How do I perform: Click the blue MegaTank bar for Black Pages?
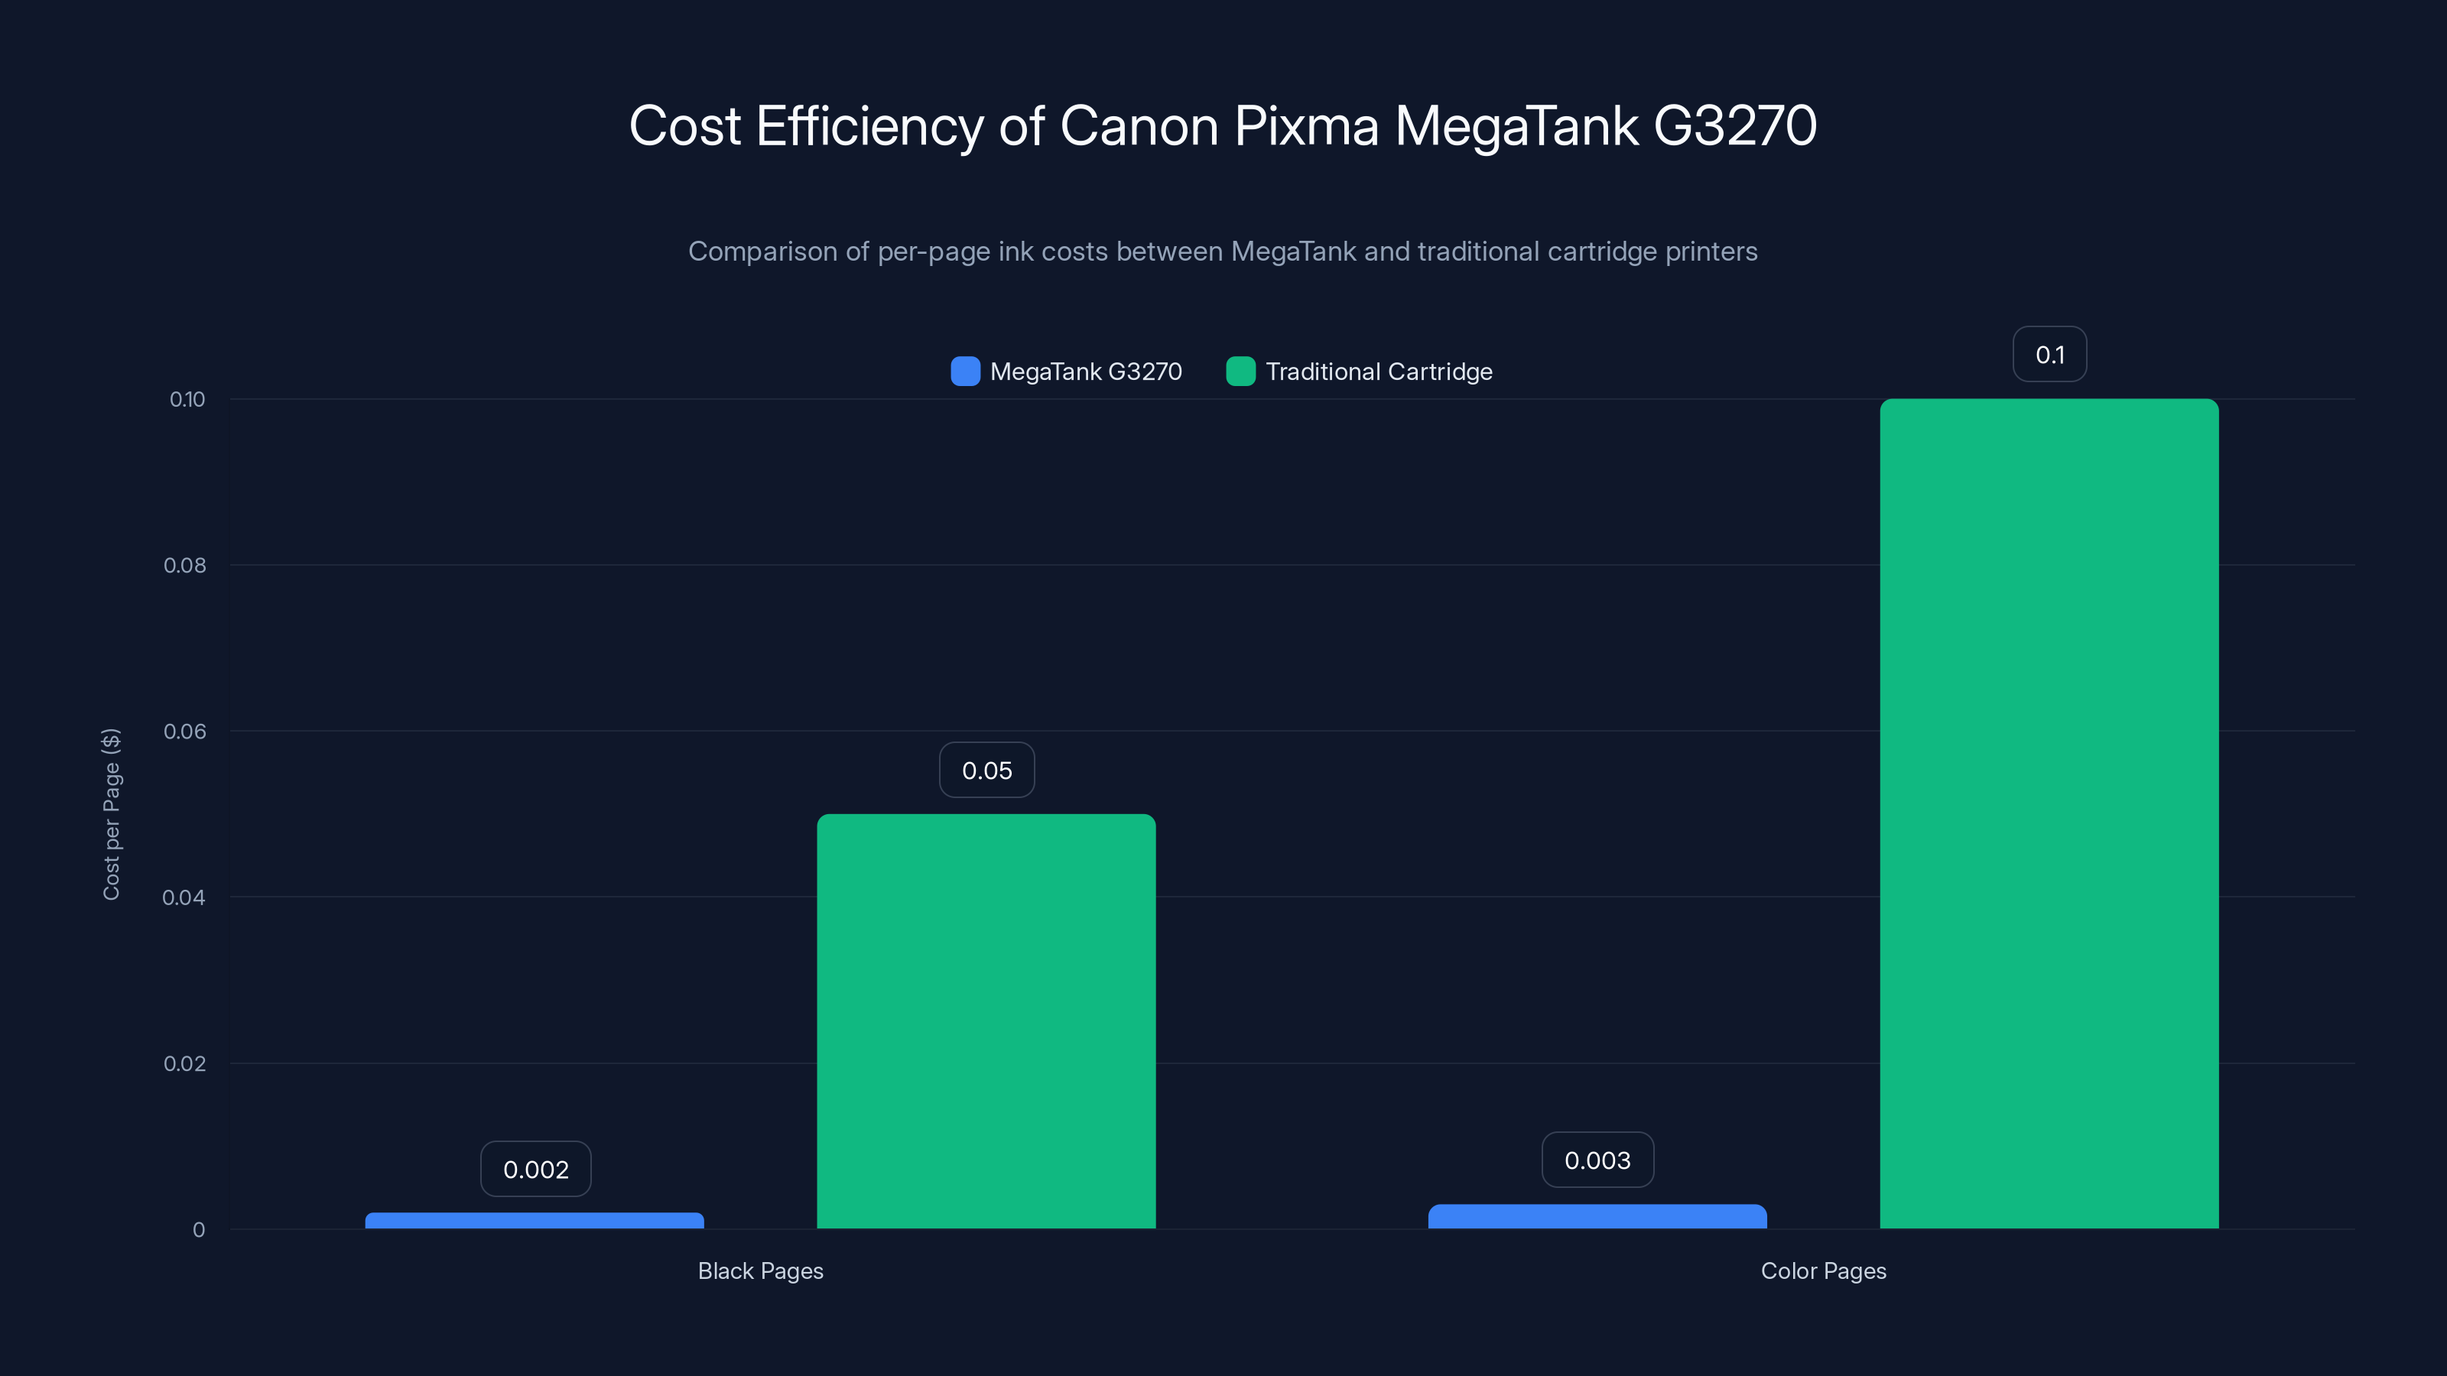pos(535,1220)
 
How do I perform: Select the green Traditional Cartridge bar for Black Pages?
pos(986,1021)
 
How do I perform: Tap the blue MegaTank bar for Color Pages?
pos(1597,1216)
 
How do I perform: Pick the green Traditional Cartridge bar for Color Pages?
pos(2049,814)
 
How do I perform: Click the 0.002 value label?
pos(536,1169)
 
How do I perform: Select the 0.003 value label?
pos(1597,1160)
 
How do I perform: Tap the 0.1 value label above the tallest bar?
pos(2049,354)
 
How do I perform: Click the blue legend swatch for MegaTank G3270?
pos(965,372)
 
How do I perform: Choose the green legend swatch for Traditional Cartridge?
pos(1240,372)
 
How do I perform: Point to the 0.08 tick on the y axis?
pos(184,565)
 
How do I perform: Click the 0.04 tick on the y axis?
pos(184,897)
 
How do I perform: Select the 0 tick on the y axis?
pos(199,1230)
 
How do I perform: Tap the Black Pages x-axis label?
pos(760,1271)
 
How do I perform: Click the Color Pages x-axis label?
pos(1823,1271)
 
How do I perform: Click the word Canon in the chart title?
pos(1138,125)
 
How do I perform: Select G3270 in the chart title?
pos(1734,125)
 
